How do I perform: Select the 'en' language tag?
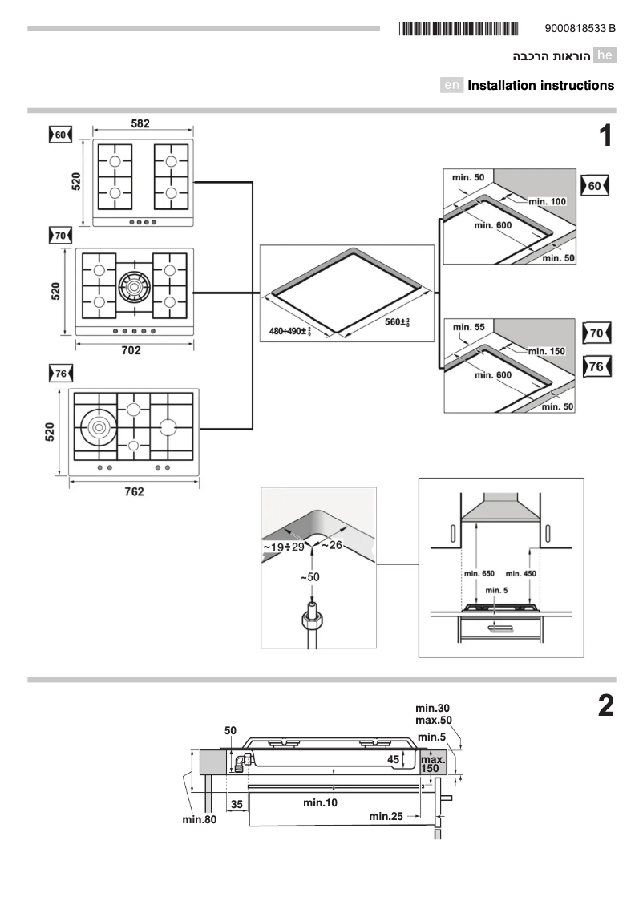tap(451, 85)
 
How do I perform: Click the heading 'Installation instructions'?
tap(540, 85)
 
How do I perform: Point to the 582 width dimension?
tap(141, 123)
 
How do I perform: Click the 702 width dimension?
tap(131, 350)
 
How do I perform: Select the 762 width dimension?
tap(134, 491)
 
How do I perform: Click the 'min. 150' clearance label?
tap(548, 351)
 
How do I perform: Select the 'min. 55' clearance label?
tap(468, 327)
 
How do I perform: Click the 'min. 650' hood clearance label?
tap(479, 574)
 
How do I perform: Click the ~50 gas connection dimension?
tap(309, 577)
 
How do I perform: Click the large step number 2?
tap(605, 706)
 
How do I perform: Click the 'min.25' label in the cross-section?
tap(385, 816)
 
